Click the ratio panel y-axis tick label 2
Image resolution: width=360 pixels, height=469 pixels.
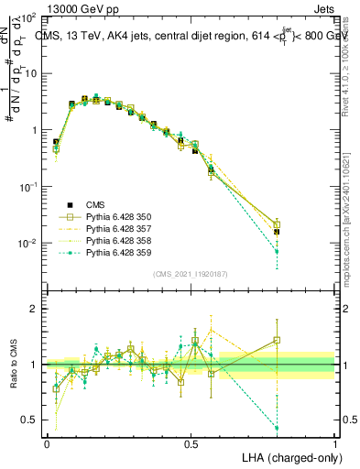point(34,309)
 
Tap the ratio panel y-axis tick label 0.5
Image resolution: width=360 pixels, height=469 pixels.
point(29,420)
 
